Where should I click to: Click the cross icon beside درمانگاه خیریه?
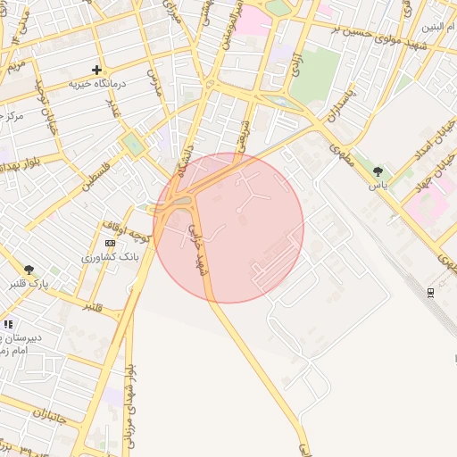[x=96, y=70]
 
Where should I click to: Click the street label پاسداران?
[x=340, y=108]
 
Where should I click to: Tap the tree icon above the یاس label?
[x=378, y=171]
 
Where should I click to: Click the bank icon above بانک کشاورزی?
[x=110, y=243]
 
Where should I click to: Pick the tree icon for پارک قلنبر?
[x=29, y=270]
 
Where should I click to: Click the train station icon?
[x=431, y=292]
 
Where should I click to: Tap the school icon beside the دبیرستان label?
[x=8, y=324]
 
